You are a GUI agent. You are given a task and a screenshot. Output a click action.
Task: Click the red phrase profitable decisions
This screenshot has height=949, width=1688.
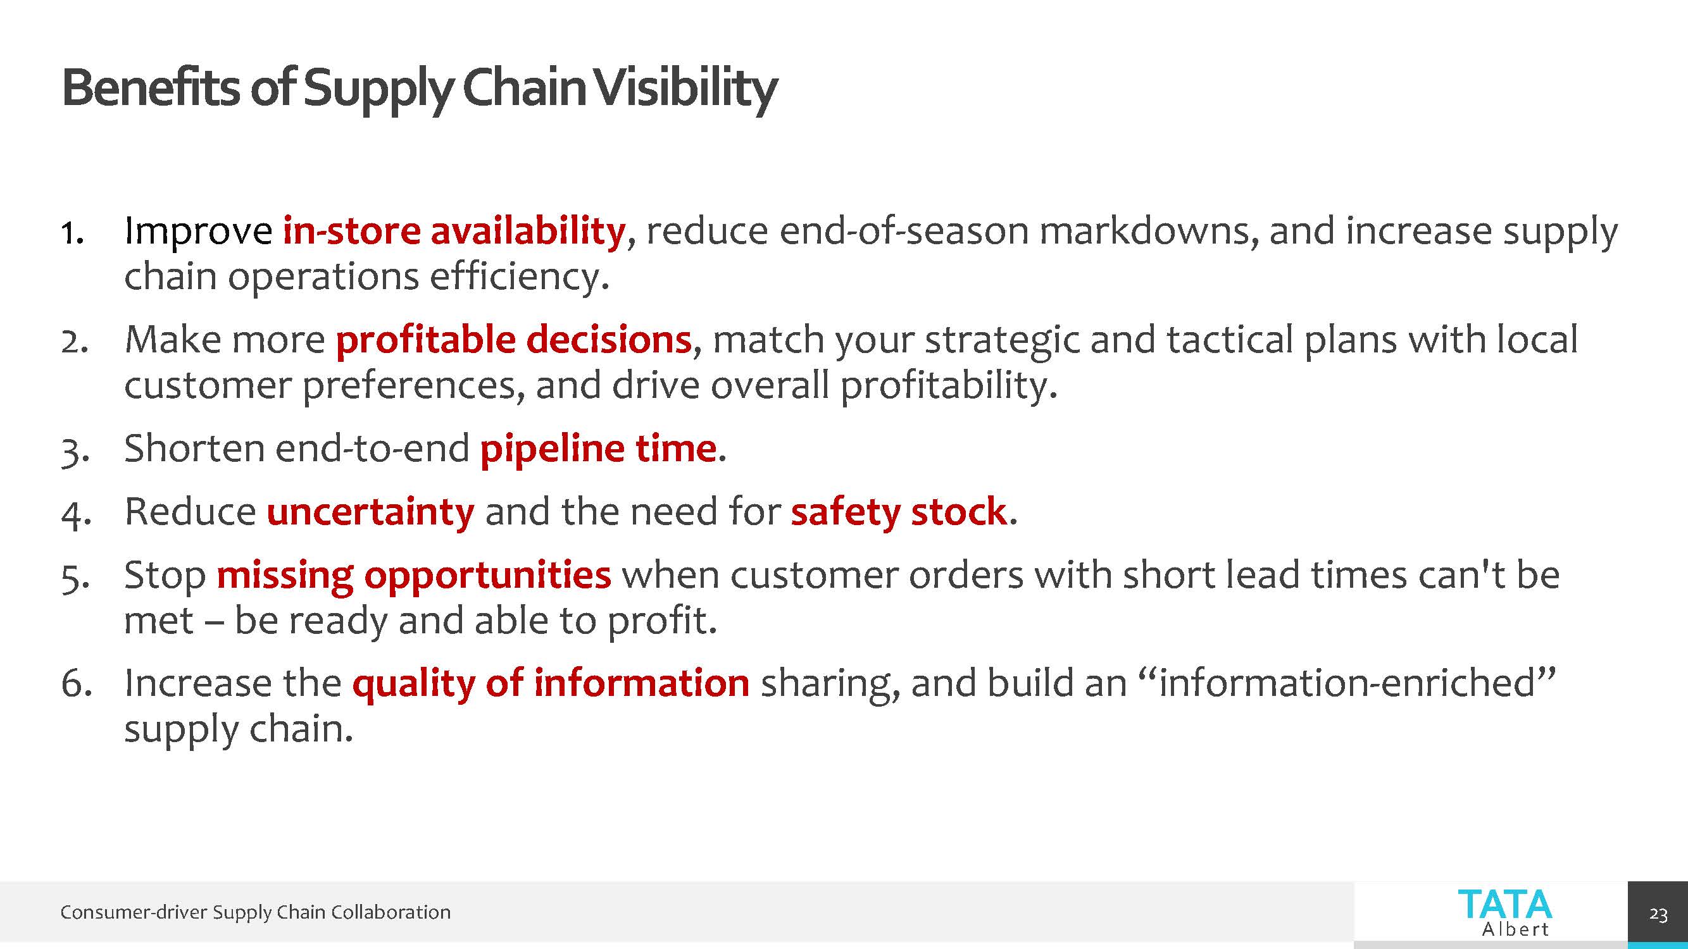514,340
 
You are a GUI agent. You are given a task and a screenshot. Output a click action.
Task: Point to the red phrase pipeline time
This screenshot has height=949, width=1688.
598,449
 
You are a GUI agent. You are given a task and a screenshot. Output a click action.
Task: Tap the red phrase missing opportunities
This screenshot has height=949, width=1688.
413,576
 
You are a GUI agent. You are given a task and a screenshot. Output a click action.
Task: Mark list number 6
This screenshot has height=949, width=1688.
76,684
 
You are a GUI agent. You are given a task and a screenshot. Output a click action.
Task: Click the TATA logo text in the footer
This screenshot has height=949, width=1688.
1504,905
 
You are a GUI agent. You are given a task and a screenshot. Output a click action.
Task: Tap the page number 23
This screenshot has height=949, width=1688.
1658,914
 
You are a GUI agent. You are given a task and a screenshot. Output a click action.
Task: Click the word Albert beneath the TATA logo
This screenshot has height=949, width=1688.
1515,929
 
